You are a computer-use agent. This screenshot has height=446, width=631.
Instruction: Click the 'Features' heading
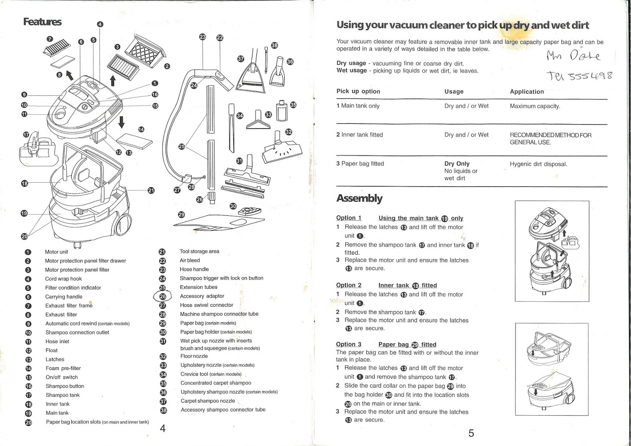click(x=42, y=22)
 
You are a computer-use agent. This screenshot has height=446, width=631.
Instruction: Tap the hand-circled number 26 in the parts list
click(x=162, y=296)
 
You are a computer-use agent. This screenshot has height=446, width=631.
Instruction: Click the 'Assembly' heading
click(x=359, y=198)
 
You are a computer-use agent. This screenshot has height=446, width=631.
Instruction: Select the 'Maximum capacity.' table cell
click(x=534, y=106)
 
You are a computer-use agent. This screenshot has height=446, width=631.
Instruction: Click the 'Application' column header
click(x=526, y=91)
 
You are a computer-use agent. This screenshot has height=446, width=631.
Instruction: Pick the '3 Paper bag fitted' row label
click(x=360, y=164)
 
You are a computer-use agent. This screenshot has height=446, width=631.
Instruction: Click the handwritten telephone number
click(x=579, y=75)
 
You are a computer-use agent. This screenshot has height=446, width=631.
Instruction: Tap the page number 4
click(x=163, y=428)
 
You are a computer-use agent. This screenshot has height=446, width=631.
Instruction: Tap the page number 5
click(x=471, y=433)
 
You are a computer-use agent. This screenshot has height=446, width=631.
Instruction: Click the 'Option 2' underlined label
click(x=349, y=285)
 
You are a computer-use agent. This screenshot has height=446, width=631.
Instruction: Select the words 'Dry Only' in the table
click(x=457, y=164)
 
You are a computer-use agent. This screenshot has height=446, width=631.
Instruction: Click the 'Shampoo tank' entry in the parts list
click(x=62, y=395)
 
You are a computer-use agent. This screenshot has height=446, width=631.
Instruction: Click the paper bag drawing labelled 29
click(x=217, y=223)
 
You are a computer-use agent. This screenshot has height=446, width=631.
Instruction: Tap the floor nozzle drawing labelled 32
click(x=282, y=151)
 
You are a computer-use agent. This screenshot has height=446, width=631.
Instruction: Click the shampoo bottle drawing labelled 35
click(x=282, y=111)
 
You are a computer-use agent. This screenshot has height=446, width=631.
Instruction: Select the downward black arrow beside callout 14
click(x=121, y=122)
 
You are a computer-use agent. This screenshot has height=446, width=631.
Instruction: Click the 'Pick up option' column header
click(x=358, y=91)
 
